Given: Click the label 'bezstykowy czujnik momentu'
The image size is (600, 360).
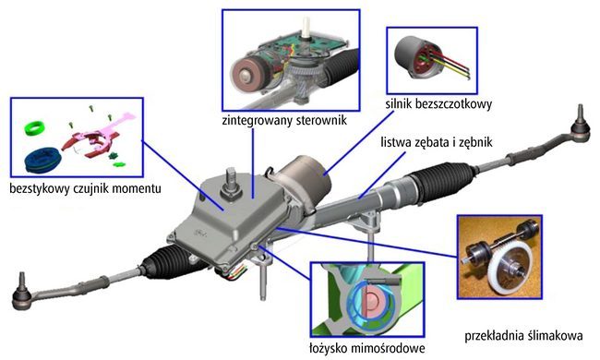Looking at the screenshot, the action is (85, 188).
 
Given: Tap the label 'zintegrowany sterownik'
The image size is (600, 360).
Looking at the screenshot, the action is (284, 120).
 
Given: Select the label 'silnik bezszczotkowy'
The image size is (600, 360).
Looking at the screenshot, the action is (438, 104).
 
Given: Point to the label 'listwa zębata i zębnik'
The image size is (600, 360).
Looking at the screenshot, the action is (437, 142).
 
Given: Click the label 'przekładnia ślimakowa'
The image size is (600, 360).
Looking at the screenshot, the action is (523, 336).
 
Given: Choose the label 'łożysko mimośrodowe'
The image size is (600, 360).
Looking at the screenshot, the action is (367, 349).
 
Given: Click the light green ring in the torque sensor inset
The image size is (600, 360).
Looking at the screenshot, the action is (34, 127).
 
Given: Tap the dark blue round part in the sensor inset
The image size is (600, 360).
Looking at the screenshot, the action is (42, 160).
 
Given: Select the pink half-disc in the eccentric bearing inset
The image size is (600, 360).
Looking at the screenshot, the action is (372, 302).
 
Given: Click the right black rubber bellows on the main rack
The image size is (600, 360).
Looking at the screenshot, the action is (444, 179).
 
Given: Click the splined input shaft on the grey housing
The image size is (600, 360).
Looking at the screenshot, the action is (232, 180).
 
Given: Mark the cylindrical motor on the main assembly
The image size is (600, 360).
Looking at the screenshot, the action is (305, 175).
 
